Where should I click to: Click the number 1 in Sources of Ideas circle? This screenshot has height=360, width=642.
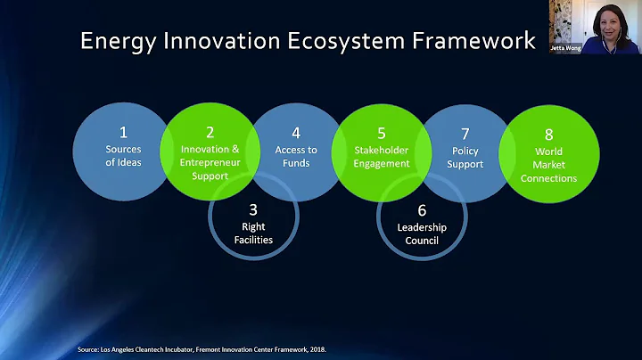coord(123,133)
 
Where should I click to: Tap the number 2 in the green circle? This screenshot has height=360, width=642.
coord(210,133)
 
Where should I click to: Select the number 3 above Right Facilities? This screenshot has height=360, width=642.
coord(253,209)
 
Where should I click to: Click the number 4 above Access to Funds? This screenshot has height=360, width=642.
coord(296,133)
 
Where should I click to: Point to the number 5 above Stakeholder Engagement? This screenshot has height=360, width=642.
coord(381,133)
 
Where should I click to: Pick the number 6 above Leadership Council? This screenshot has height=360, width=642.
coord(422,209)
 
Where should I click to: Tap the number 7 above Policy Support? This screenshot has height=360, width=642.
coord(465,133)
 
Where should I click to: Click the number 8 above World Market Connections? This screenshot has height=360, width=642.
coord(549,134)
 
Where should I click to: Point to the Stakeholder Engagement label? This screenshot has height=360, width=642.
coord(381,157)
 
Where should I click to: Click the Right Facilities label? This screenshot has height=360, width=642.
coord(253,233)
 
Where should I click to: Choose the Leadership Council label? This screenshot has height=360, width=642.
coord(422,233)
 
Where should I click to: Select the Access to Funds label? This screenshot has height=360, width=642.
coord(296,157)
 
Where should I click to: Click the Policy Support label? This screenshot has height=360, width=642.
coord(465,157)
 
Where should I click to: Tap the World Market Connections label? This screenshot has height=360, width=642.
coord(549,165)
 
